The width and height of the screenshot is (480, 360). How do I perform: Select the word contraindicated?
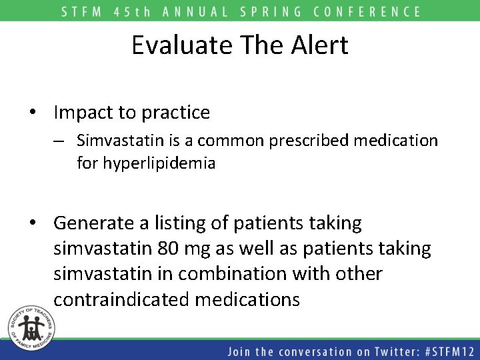click(122, 299)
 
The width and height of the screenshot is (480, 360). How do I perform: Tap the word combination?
click(235, 274)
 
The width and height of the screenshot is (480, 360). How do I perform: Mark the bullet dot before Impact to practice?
click(33, 113)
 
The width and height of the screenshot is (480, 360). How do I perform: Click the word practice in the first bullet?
click(176, 113)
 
